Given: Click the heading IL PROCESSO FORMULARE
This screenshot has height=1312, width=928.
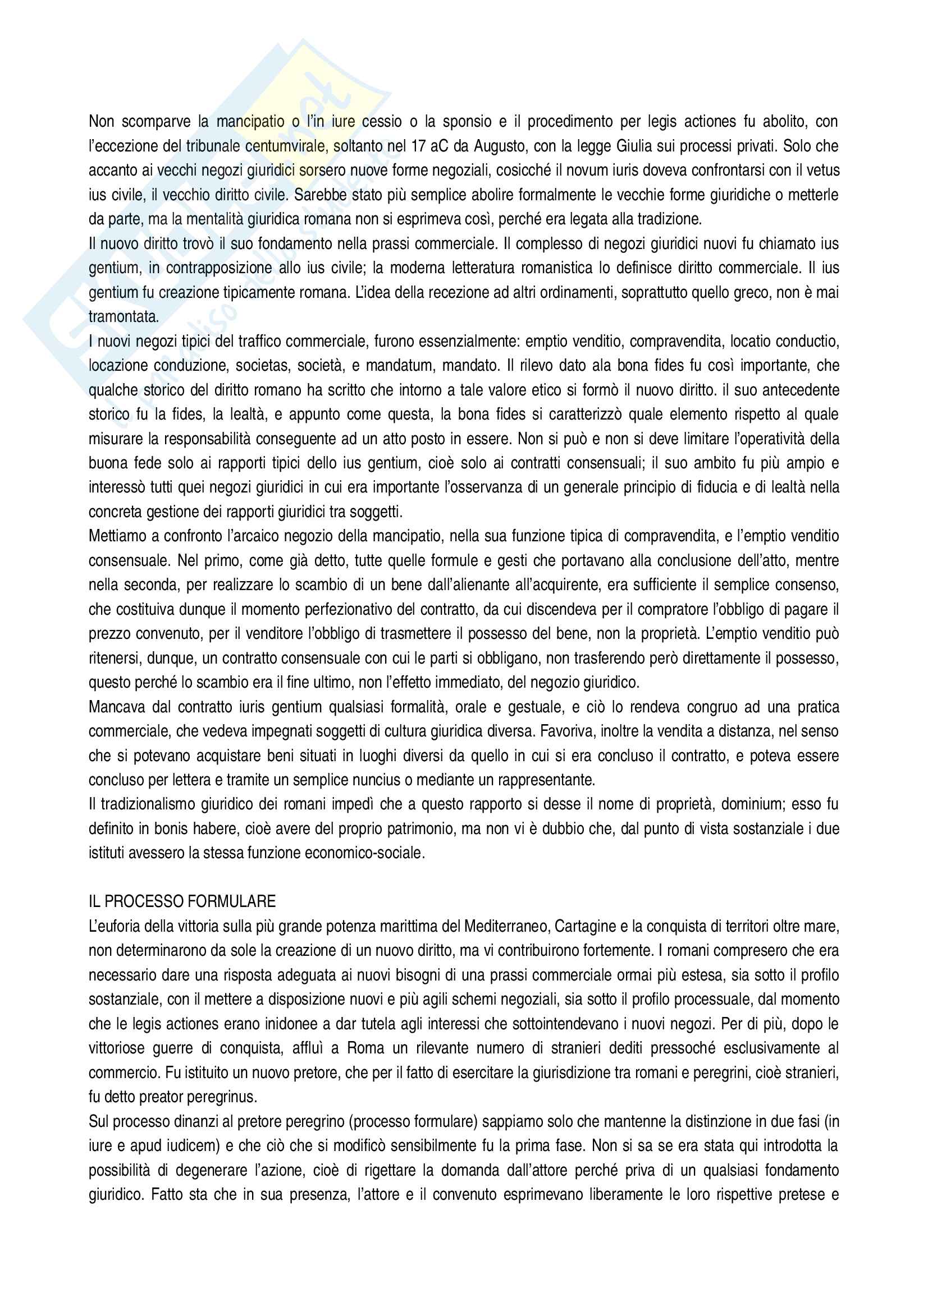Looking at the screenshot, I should (182, 902).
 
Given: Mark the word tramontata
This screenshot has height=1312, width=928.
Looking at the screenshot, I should (124, 316).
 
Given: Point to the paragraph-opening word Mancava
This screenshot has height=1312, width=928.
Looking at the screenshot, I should (116, 707).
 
